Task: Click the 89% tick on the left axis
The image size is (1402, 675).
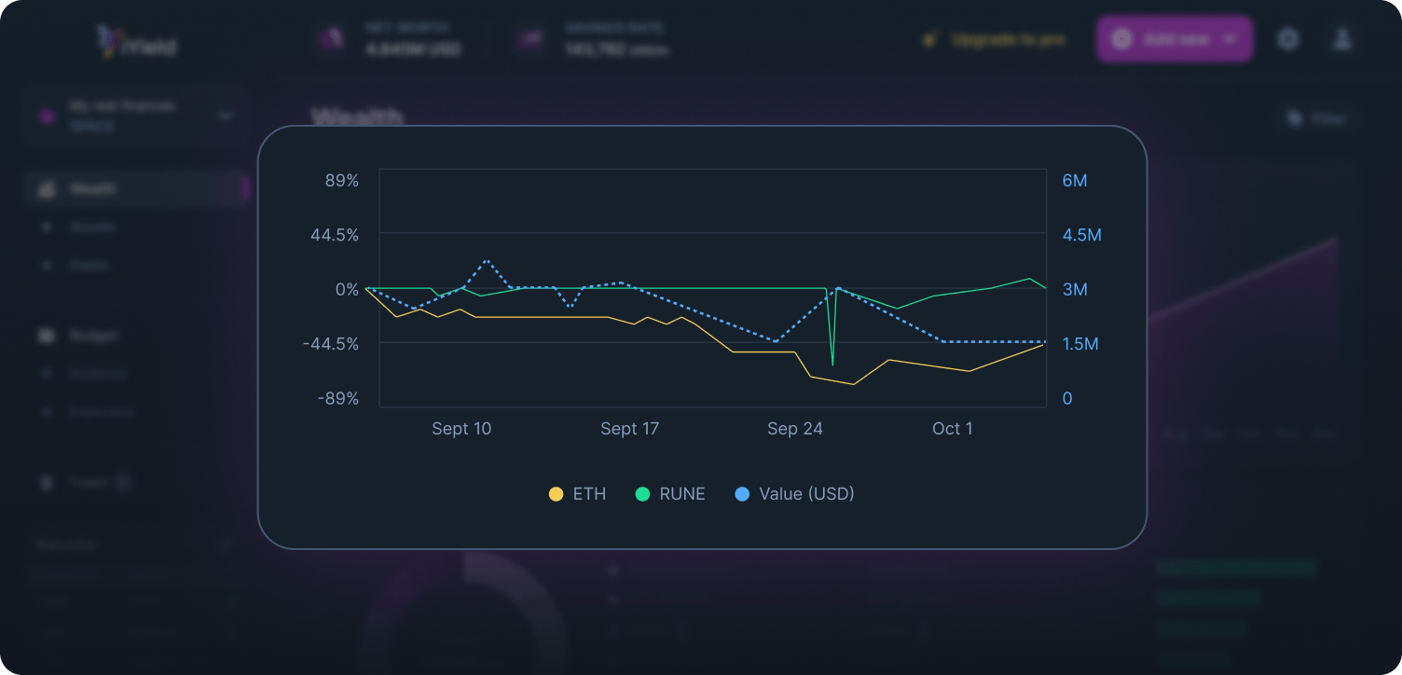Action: pyautogui.click(x=342, y=180)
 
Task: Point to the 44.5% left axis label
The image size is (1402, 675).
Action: pyautogui.click(x=335, y=234)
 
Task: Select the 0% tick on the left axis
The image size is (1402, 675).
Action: pyautogui.click(x=347, y=289)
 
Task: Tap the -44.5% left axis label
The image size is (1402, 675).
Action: pyautogui.click(x=331, y=344)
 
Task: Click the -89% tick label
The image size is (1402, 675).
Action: pyautogui.click(x=337, y=398)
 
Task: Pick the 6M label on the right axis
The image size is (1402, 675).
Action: pyautogui.click(x=1075, y=180)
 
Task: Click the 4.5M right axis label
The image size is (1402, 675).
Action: pyautogui.click(x=1081, y=234)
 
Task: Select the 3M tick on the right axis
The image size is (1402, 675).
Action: pyautogui.click(x=1075, y=289)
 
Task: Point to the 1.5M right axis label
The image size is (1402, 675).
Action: pyautogui.click(x=1081, y=344)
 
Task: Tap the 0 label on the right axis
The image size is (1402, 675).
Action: pyautogui.click(x=1067, y=398)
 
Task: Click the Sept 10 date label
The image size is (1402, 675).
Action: pyautogui.click(x=461, y=429)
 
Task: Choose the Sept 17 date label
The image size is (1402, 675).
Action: pyautogui.click(x=629, y=429)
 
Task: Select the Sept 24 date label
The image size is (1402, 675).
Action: pyautogui.click(x=795, y=429)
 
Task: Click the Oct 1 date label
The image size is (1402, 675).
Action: pyautogui.click(x=952, y=429)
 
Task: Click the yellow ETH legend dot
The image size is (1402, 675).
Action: pyautogui.click(x=557, y=494)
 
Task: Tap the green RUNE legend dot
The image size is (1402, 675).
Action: pyautogui.click(x=642, y=494)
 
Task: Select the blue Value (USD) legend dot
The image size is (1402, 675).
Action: pyautogui.click(x=742, y=494)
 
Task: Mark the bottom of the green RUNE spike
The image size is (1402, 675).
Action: pyautogui.click(x=832, y=364)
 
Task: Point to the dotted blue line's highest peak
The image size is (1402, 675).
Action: pyautogui.click(x=487, y=261)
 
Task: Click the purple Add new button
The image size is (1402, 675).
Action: pyautogui.click(x=1175, y=39)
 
